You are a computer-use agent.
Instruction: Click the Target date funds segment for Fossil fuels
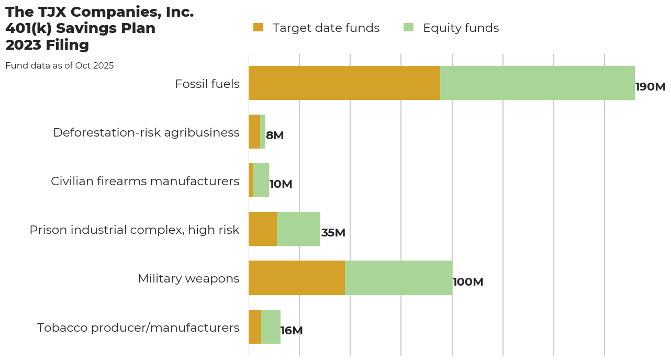(x=344, y=83)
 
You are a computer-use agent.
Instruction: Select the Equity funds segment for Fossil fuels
(x=538, y=83)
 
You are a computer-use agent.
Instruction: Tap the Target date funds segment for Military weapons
(x=297, y=278)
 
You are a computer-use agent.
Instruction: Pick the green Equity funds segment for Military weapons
(x=398, y=278)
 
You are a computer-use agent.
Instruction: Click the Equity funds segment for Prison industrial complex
(x=298, y=229)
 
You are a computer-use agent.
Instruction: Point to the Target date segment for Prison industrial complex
(x=263, y=229)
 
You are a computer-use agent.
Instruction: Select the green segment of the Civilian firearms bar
(x=261, y=180)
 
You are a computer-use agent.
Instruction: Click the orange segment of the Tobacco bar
(x=255, y=326)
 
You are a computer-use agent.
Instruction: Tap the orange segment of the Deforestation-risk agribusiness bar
(x=254, y=132)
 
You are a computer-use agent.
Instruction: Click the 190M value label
(x=650, y=87)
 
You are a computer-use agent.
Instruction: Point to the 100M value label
(x=468, y=282)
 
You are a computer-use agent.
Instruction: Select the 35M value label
(x=333, y=233)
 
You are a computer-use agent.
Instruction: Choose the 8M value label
(x=275, y=136)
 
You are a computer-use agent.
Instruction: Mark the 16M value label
(x=292, y=331)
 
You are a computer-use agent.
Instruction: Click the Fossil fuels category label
(x=207, y=84)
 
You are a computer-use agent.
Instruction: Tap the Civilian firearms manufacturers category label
(x=145, y=181)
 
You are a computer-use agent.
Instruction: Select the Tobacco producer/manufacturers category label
(x=138, y=328)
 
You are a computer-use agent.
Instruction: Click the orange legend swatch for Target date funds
(x=259, y=28)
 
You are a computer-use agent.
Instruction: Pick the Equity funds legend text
(x=461, y=28)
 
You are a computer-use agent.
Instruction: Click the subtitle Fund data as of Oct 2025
(x=60, y=66)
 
